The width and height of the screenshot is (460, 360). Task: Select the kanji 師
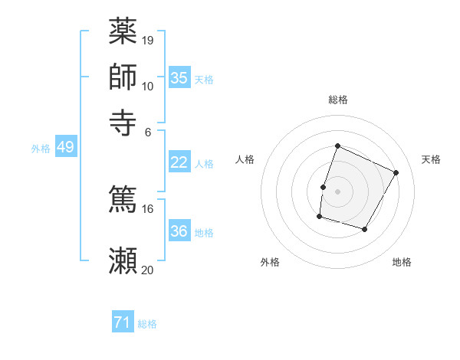pos(123,77)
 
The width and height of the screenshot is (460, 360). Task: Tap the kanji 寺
pos(123,122)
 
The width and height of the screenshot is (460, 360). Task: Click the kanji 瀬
pos(123,261)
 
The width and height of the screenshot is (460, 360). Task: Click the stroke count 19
pos(148,40)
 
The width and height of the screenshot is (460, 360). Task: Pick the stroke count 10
pos(148,86)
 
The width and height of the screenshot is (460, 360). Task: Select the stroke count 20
pos(148,270)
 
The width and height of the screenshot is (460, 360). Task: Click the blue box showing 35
pos(179,78)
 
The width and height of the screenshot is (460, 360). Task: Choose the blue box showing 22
pos(179,162)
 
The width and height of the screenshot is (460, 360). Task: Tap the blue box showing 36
pos(179,231)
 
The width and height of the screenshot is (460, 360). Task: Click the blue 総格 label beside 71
pos(147,324)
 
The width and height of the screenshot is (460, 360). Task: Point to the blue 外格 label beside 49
pos(40,149)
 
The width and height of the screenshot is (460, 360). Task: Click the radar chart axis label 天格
pos(431,159)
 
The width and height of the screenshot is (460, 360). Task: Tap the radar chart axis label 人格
pos(245,159)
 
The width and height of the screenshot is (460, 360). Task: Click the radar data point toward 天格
pos(396,172)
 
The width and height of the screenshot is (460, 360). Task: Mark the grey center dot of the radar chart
pos(337,191)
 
